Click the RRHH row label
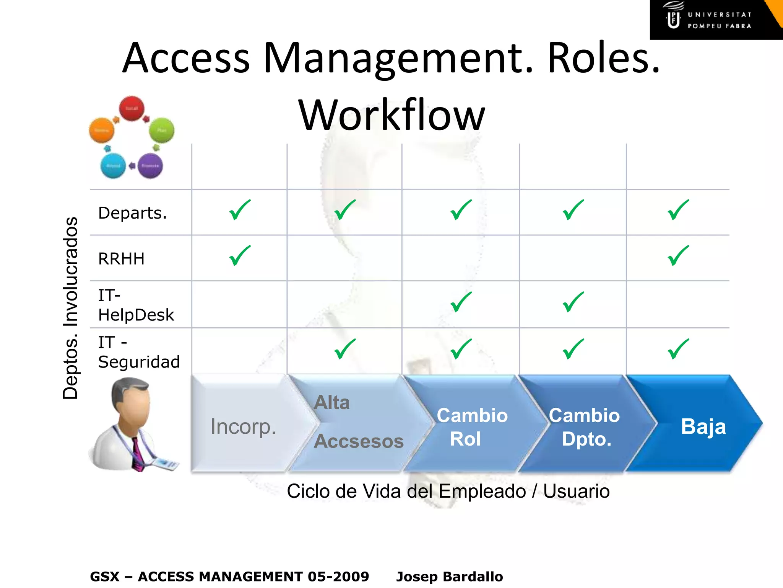(121, 259)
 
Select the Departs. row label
(132, 213)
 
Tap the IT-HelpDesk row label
(136, 305)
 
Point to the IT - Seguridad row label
(138, 352)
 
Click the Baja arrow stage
(703, 426)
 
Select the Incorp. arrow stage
(243, 426)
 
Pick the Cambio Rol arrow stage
(471, 427)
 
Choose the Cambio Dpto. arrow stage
(584, 427)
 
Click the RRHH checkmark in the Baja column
(678, 256)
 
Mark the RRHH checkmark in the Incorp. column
(240, 256)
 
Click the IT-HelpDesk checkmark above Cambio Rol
(461, 302)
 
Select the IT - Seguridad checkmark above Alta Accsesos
(344, 349)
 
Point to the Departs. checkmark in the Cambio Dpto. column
(573, 210)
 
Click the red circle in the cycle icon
(132, 108)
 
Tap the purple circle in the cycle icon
(150, 166)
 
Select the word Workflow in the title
(391, 115)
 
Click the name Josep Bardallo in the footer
(450, 577)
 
